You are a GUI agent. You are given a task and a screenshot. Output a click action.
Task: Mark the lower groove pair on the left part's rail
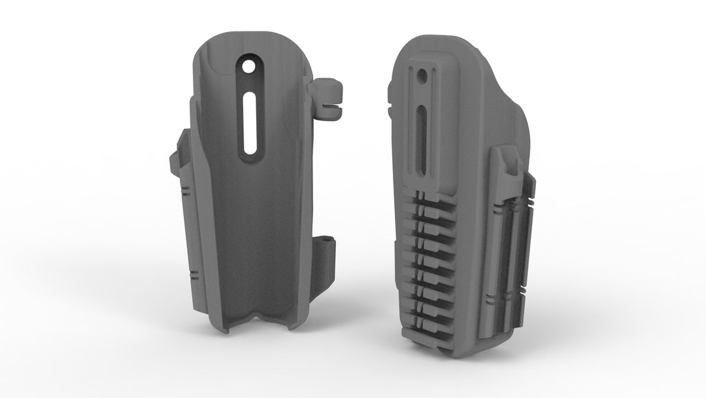click(195, 271)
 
